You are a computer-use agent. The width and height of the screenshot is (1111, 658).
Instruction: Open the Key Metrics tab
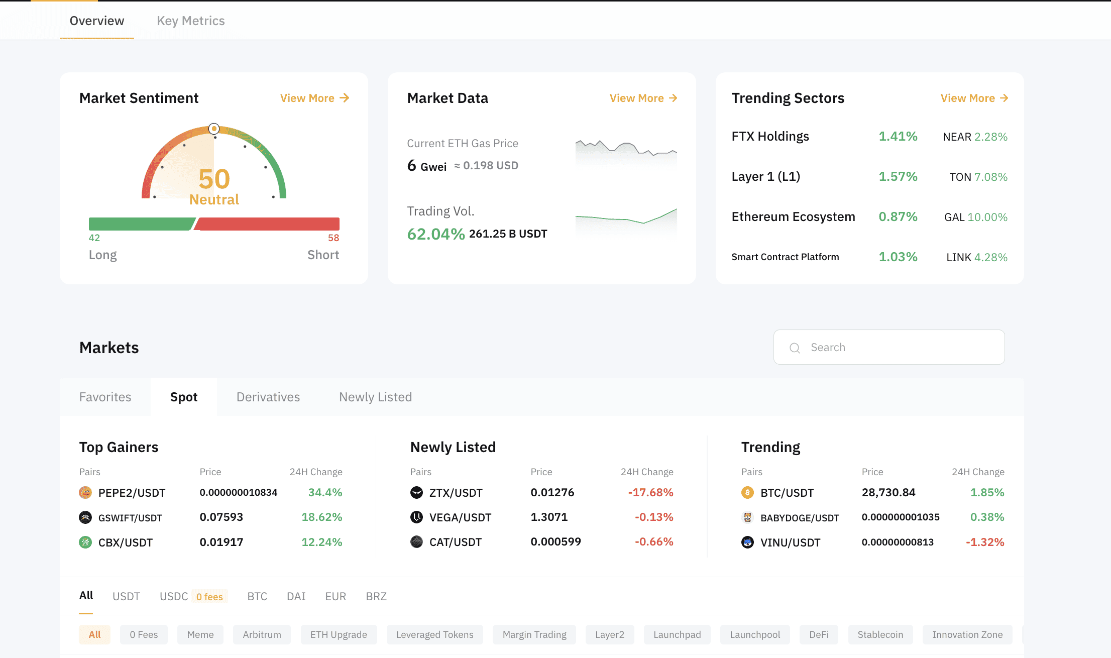pos(190,21)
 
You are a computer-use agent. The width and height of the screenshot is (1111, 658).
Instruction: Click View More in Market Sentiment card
pos(314,98)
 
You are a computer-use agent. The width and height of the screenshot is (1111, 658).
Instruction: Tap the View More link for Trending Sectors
pos(974,98)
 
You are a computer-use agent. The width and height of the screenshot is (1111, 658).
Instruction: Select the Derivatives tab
pos(268,397)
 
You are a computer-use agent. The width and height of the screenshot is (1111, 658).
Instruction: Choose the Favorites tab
pos(105,397)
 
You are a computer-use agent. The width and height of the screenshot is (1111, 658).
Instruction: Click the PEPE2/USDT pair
pos(132,493)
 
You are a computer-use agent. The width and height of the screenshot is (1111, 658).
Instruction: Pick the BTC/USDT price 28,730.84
pos(888,492)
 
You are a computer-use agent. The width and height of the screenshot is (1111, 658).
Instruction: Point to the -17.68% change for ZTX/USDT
pos(650,492)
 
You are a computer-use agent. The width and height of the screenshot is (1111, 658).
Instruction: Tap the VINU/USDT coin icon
pos(747,542)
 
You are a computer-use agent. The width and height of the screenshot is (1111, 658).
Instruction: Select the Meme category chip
pos(200,634)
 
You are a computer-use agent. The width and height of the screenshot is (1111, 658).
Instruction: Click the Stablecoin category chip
pos(880,634)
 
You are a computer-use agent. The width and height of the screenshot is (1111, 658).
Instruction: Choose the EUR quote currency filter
pos(336,596)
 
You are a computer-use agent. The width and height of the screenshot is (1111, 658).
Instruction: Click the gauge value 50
pos(214,179)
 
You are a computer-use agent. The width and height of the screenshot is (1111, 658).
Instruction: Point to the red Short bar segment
pos(269,224)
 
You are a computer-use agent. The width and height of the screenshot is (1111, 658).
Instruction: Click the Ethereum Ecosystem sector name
pos(793,216)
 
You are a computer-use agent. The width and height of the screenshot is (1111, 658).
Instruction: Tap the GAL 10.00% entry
pos(975,217)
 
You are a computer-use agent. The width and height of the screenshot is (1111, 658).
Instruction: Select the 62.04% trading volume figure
pos(435,234)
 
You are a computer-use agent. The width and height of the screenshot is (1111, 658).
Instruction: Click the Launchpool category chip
pos(754,634)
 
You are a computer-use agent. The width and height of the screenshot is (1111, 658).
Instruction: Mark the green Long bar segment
pos(141,224)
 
